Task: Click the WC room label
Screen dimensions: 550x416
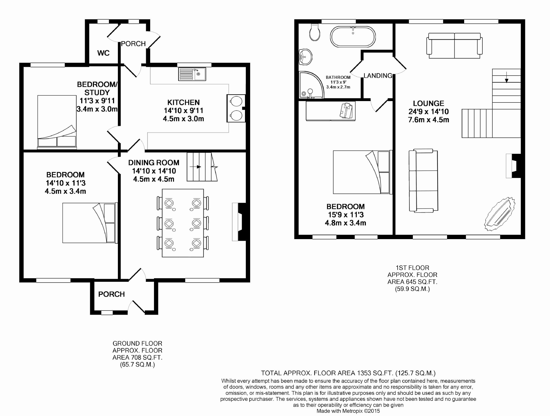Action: (x=103, y=53)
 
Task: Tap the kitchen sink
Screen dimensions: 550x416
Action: (x=192, y=74)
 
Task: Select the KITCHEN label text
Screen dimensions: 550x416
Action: (x=183, y=102)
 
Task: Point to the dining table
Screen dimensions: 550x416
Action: (x=183, y=223)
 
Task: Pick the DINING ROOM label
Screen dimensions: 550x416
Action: (x=154, y=163)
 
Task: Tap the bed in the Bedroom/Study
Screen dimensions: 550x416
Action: (x=57, y=121)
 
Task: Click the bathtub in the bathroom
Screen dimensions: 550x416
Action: (x=353, y=37)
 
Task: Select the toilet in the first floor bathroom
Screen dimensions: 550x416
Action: (x=315, y=32)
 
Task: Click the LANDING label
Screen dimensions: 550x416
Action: (x=378, y=76)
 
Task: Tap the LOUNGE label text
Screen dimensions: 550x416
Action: (x=429, y=104)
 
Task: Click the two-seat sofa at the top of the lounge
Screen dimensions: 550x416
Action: (x=454, y=46)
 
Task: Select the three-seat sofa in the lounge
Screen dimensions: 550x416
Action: (x=423, y=181)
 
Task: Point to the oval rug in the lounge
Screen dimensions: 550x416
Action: (x=500, y=214)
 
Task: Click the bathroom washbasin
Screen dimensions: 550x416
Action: (x=305, y=57)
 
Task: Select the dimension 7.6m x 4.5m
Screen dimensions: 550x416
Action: (x=429, y=120)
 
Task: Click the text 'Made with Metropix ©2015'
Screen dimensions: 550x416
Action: (x=348, y=411)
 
